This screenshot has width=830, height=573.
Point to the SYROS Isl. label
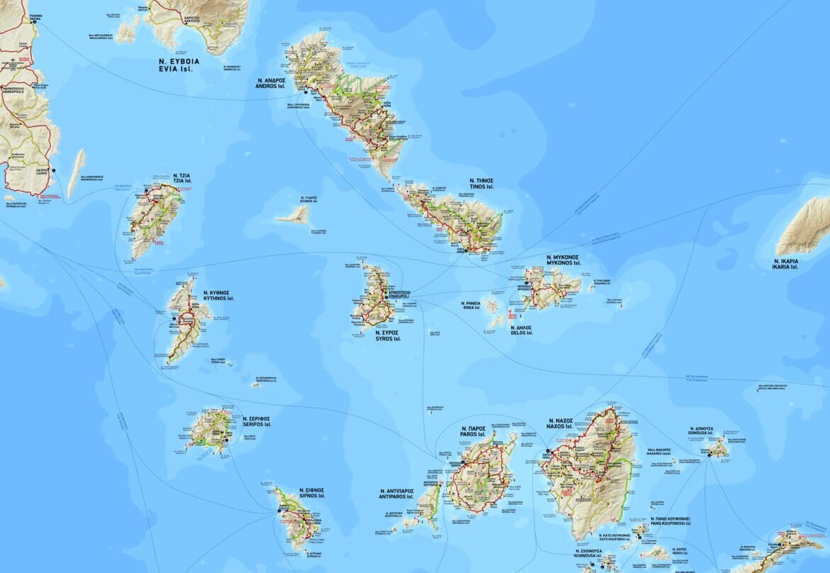[x=387, y=339]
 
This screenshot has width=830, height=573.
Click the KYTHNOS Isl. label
[x=218, y=299]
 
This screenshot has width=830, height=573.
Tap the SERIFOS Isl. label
[x=256, y=427]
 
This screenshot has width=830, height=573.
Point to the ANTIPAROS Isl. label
[x=401, y=496]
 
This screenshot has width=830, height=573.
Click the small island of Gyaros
[x=293, y=215]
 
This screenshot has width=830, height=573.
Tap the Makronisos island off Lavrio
[x=76, y=172]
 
